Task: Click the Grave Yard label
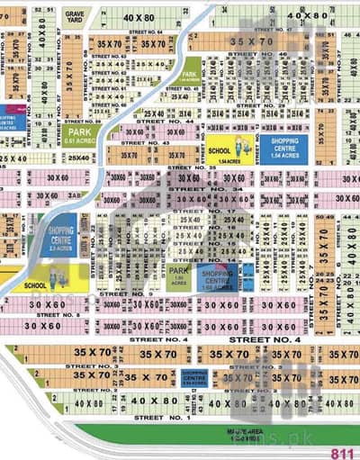click(x=73, y=15)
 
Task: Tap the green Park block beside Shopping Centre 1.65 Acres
click(x=177, y=275)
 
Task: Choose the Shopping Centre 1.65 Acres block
click(x=217, y=276)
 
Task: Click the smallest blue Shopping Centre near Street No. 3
click(x=194, y=376)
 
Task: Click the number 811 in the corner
click(x=343, y=453)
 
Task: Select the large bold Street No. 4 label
click(x=264, y=339)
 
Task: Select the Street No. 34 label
click(x=232, y=189)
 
